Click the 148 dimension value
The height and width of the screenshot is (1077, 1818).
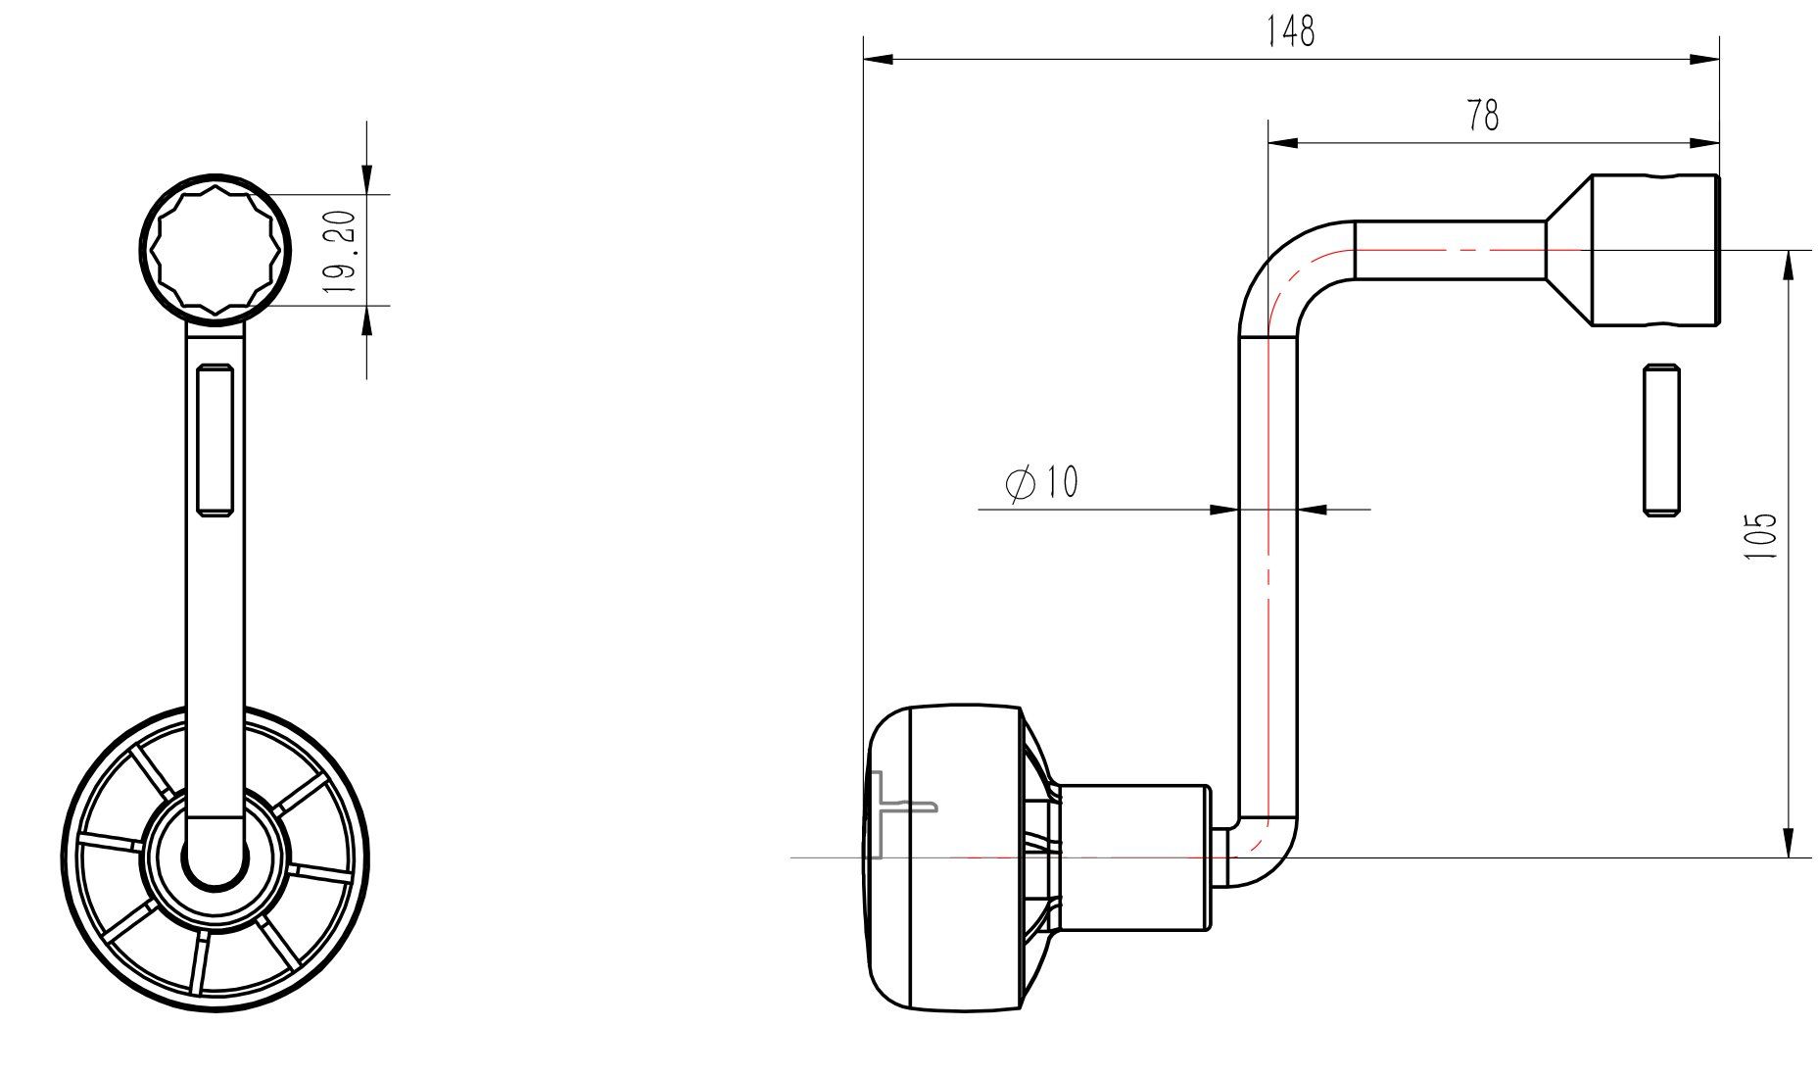coord(1290,32)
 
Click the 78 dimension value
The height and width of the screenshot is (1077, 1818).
coord(1483,117)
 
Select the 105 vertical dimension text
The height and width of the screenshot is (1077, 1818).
coord(1760,535)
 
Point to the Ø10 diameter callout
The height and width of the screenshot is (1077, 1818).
coord(1041,483)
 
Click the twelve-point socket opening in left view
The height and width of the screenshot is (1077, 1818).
coord(215,250)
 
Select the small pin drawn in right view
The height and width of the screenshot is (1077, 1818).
coord(1660,439)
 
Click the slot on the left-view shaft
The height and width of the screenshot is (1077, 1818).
coord(214,438)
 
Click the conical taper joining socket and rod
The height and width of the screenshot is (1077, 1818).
coord(1569,250)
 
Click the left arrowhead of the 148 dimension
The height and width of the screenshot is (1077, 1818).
coord(878,61)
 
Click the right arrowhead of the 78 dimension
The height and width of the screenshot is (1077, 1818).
coord(1705,144)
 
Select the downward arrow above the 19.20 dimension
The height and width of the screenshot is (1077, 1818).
coord(367,178)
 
